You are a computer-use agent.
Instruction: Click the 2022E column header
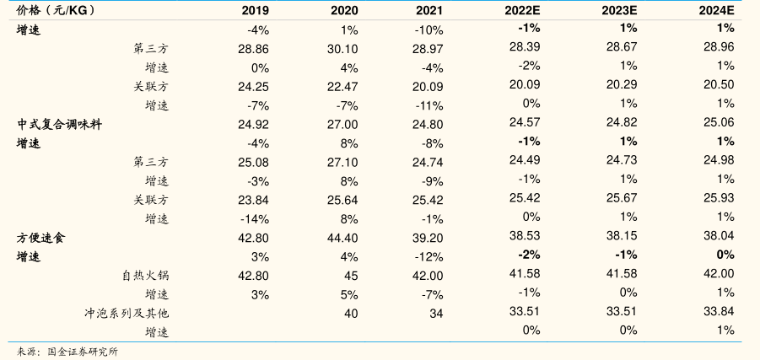(523, 10)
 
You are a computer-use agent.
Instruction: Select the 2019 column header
(255, 10)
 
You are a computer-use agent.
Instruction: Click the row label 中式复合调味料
(60, 124)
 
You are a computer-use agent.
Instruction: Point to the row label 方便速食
(41, 238)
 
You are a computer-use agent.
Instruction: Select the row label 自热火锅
(145, 276)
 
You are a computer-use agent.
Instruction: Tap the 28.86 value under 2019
(253, 49)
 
